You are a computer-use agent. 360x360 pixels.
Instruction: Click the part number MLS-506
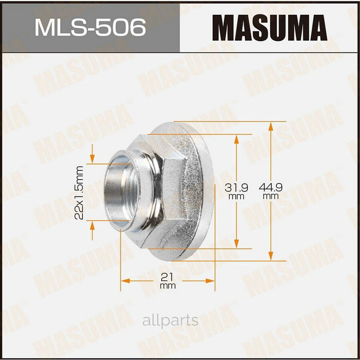coord(90,28)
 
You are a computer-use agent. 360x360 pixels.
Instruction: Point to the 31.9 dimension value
coord(236,187)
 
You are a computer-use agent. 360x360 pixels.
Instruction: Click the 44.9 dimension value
coord(271,187)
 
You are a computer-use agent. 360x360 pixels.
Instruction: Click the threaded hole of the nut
coord(119,192)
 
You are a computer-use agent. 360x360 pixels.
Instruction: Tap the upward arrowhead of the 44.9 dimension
coord(271,126)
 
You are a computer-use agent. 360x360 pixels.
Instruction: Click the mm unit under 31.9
coord(236,196)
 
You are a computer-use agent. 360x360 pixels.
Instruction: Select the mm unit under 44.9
coord(271,196)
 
